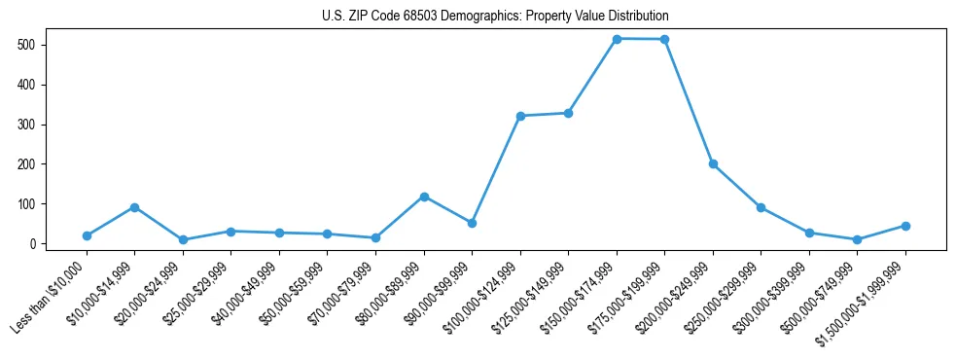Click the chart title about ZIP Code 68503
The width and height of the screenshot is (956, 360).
495,17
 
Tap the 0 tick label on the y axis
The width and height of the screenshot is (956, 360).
32,244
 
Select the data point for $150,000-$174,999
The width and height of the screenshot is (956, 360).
617,39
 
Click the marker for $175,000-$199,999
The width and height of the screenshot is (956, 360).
664,39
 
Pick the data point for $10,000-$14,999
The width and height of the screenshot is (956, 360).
134,207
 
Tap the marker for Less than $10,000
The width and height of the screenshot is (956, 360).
87,235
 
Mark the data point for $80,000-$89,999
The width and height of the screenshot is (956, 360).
424,197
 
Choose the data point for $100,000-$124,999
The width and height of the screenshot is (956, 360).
520,116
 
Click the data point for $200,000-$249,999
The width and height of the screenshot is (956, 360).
713,163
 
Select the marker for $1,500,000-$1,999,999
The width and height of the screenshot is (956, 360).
905,226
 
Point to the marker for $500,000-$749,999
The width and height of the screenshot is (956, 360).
857,239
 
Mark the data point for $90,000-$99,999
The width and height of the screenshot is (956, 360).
472,223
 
